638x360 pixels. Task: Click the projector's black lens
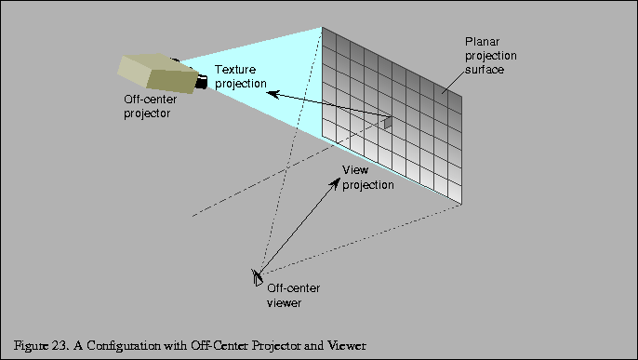pos(200,83)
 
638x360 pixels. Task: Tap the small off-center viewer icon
pos(256,276)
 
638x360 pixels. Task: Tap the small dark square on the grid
pos(389,122)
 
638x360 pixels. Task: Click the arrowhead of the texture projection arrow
pos(263,90)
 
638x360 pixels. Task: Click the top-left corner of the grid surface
pos(323,29)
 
